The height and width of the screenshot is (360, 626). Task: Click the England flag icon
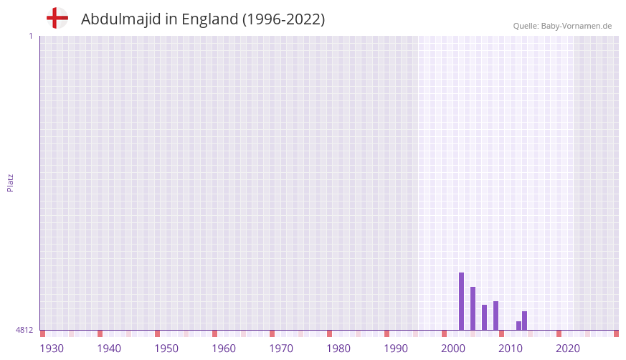[57, 18]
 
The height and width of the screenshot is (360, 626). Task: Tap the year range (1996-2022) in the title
[283, 19]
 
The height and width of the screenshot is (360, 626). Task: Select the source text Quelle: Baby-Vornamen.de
[562, 26]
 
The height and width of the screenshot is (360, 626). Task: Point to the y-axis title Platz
[10, 182]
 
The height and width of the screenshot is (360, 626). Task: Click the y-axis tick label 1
[30, 36]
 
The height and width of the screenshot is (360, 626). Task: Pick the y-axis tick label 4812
[24, 330]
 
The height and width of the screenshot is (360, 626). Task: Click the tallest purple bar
[461, 301]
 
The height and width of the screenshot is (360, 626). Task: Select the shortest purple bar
[518, 326]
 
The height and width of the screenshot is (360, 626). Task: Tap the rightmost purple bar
[524, 321]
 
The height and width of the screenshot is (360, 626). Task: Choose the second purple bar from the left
[473, 308]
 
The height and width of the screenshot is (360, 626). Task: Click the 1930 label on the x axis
[52, 349]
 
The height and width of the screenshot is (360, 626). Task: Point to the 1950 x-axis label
[166, 349]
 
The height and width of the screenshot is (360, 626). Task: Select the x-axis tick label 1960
[224, 349]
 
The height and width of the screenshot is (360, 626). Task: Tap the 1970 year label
[281, 349]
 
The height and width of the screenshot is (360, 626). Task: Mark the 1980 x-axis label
[338, 349]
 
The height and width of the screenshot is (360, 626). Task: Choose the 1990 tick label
[396, 349]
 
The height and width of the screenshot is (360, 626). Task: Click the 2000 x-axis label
[453, 349]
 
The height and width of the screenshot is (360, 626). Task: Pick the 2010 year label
[511, 349]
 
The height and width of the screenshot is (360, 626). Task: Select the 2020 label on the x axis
[568, 349]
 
